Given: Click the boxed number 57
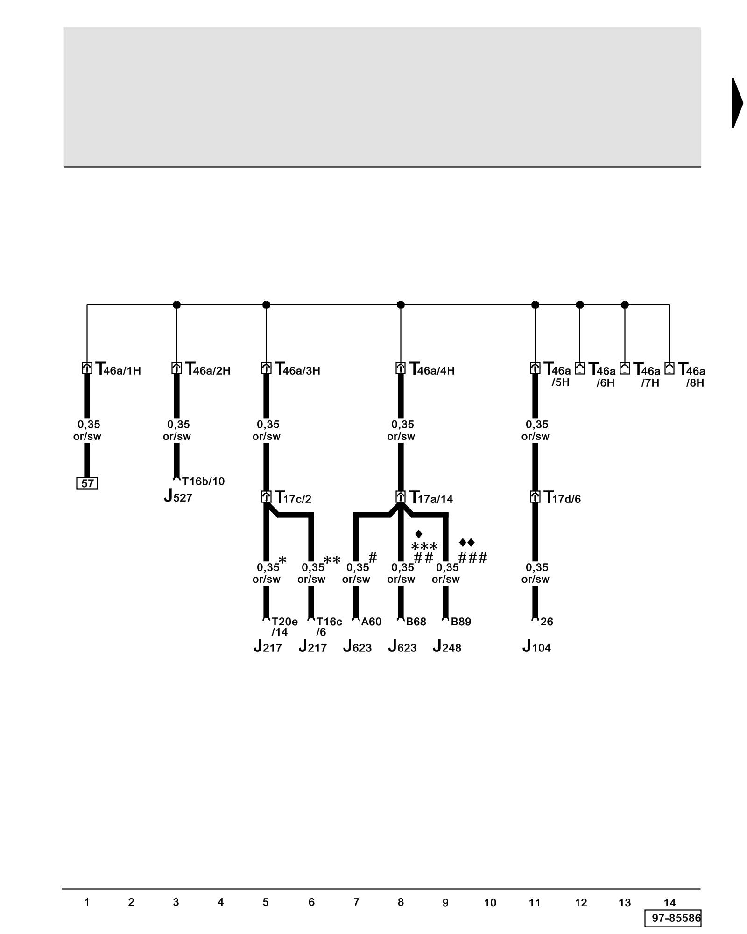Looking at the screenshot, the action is pos(87,483).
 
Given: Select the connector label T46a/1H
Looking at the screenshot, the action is pos(118,369).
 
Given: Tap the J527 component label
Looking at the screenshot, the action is pos(178,496).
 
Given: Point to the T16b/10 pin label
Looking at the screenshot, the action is pos(203,481).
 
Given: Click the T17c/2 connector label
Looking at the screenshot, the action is pos(293,498).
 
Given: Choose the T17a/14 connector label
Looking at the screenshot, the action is pos(431,498).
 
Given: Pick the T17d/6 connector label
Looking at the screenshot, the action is pos(563,498).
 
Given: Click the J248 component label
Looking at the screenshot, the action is pos(447,647).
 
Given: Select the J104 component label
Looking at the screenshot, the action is pos(536,647).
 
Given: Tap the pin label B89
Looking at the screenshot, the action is pos(461,622).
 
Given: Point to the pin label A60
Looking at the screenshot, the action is pos(371,622).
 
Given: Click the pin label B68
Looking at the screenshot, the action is pos(416,622).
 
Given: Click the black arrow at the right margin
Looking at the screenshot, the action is pos(737,103).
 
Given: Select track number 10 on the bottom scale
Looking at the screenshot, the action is pos(490,903).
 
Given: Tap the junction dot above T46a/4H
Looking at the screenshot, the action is pos(401,305).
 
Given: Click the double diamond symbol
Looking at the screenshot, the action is pos(467,543).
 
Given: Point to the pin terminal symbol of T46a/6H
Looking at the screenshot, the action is pos(580,368).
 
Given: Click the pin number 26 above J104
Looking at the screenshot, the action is pos(547,622).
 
